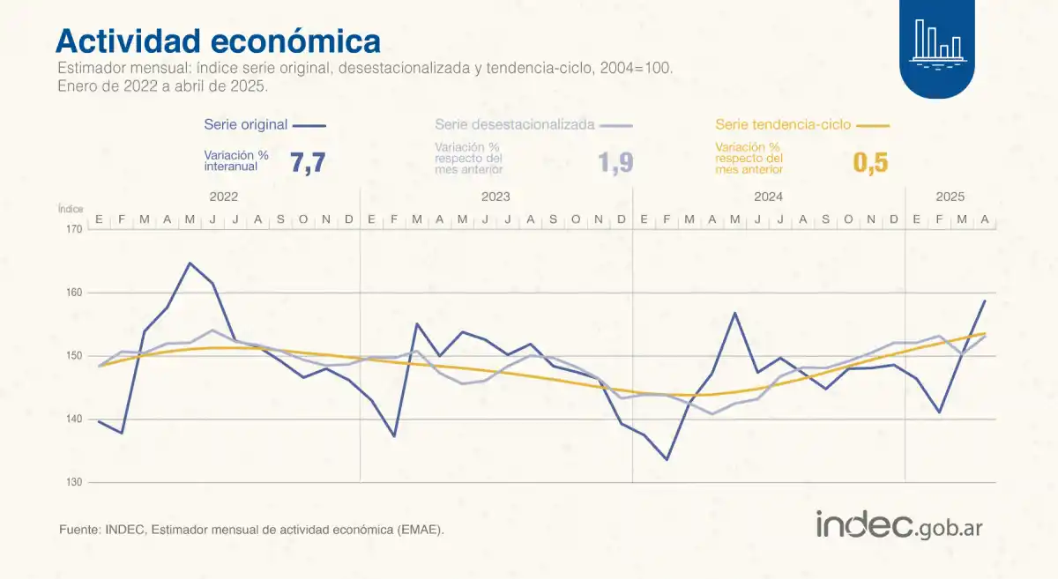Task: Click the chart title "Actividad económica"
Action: coord(218,41)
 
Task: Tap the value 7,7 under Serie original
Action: coord(308,162)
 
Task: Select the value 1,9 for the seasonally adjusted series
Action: coord(615,162)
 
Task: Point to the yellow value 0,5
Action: coord(870,162)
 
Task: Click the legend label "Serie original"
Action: coord(245,125)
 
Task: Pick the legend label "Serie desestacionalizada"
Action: coord(515,125)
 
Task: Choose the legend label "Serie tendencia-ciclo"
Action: coord(783,125)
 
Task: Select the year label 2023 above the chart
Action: coord(496,197)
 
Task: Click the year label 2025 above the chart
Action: coord(950,197)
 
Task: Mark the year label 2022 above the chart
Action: coord(224,197)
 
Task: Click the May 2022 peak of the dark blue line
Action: coord(190,263)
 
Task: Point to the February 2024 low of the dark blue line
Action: coord(667,459)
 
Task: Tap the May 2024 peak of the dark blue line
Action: coord(734,313)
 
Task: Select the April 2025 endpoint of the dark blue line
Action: coord(985,301)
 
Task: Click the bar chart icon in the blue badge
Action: coord(937,41)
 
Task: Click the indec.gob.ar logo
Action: coord(898,525)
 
